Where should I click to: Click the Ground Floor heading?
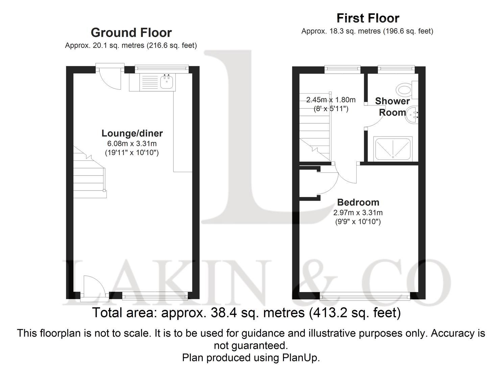click(131, 33)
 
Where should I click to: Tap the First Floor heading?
click(368, 18)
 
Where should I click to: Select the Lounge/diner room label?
click(132, 133)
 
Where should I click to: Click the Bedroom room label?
click(358, 202)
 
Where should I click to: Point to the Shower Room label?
click(392, 106)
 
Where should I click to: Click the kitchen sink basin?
click(167, 82)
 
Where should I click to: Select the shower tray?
click(392, 148)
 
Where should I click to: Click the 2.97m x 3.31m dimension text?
click(358, 213)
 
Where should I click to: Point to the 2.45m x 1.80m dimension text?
click(331, 100)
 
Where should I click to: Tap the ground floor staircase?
click(90, 174)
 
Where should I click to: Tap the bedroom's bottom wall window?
click(365, 297)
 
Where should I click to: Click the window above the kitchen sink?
click(162, 69)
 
